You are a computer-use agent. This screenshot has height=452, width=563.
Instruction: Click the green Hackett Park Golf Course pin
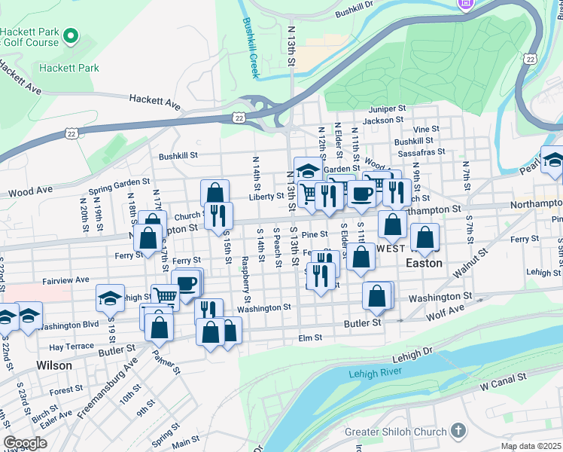[x=71, y=36]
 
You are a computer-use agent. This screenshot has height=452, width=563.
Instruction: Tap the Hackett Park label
[x=69, y=68]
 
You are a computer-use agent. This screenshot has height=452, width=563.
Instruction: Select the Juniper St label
[x=388, y=109]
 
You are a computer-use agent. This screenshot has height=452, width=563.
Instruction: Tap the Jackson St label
[x=382, y=121]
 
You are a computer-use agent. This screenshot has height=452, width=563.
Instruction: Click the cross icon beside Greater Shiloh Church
[x=458, y=432]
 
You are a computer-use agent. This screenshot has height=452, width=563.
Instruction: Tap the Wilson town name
[x=54, y=365]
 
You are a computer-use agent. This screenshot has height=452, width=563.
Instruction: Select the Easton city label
[x=425, y=264]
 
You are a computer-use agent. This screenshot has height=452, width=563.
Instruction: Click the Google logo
[x=25, y=443]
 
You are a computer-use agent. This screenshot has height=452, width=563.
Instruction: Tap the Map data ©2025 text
[x=530, y=446]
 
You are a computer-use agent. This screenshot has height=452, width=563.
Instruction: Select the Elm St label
[x=310, y=338]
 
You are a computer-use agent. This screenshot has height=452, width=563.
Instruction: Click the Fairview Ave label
[x=66, y=279]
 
